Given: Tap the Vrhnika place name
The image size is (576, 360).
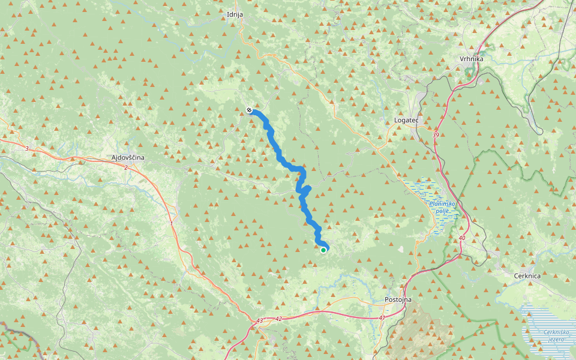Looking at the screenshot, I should (x=471, y=59).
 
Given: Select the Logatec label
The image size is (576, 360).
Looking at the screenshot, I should (x=406, y=120).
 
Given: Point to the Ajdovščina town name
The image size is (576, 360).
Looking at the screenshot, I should (x=128, y=157).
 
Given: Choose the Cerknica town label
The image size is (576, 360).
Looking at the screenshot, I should (x=527, y=275).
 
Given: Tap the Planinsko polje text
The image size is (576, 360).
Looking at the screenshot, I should (x=442, y=207).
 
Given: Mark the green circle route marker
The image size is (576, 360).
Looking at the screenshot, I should (x=323, y=250).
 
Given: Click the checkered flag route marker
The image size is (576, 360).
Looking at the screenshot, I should (x=249, y=110).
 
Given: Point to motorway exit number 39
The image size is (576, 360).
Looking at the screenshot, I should (x=436, y=135).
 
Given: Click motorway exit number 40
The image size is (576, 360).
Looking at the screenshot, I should (x=461, y=238).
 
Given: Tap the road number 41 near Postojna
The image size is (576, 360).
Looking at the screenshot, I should (x=382, y=317).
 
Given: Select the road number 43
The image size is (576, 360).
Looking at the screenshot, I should (x=259, y=321).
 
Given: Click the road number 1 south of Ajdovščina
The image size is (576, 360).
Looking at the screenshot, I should (x=171, y=224).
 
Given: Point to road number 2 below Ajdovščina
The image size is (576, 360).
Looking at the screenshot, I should (x=126, y=167).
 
